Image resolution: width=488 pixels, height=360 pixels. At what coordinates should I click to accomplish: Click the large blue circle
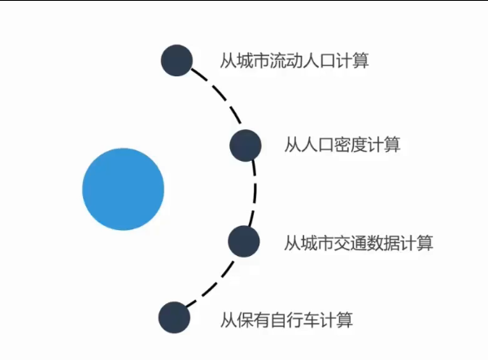tap(123, 189)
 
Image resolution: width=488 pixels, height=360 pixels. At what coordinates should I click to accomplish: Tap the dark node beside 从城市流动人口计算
tap(176, 60)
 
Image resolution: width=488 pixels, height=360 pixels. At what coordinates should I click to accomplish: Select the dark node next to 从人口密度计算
tap(245, 145)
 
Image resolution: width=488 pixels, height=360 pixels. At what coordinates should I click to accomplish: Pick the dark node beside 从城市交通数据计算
tap(243, 241)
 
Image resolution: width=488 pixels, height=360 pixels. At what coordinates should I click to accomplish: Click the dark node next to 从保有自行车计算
tap(174, 318)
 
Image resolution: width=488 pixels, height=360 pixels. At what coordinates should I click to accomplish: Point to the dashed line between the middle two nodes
tap(253, 193)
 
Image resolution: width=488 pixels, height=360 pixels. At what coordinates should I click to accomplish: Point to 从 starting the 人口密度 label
tap(291, 145)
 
